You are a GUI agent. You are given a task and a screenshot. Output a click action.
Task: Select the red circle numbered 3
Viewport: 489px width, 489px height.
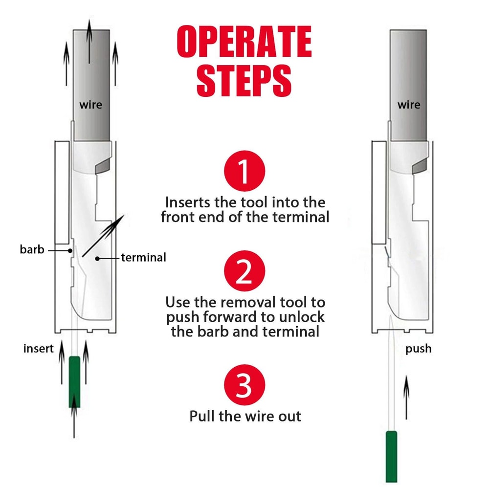[244, 386]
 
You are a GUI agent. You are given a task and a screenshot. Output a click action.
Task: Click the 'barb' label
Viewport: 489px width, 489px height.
[32, 250]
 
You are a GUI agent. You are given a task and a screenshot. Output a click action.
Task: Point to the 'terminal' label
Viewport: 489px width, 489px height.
[143, 257]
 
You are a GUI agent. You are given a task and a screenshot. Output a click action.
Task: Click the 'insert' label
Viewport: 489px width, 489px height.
[38, 349]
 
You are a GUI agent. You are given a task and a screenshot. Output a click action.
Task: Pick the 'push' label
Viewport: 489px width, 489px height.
[418, 349]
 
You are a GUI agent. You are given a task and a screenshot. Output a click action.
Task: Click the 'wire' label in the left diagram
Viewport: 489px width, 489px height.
[91, 105]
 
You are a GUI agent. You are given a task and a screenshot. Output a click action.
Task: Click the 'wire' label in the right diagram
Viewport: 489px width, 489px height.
[408, 105]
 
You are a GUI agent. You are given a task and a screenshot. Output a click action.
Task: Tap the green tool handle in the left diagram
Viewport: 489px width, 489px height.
[74, 381]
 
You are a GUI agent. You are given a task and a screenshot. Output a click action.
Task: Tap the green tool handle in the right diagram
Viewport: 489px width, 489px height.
[391, 456]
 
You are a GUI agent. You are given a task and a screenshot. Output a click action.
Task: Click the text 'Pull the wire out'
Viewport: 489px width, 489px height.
[245, 416]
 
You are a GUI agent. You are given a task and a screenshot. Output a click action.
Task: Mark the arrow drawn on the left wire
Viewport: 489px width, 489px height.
[89, 44]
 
